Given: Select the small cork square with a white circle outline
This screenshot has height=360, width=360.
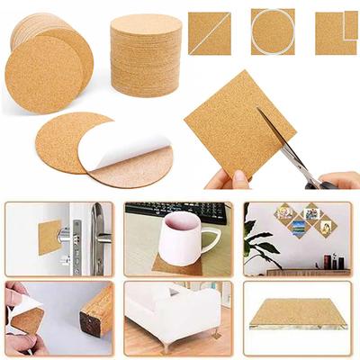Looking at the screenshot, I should click(x=273, y=32).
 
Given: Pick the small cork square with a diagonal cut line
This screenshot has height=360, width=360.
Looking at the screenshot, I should click(x=210, y=33).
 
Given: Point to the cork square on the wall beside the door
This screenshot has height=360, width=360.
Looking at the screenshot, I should click(x=49, y=237).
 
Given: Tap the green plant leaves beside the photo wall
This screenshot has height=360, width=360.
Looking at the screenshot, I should click(x=257, y=243).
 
